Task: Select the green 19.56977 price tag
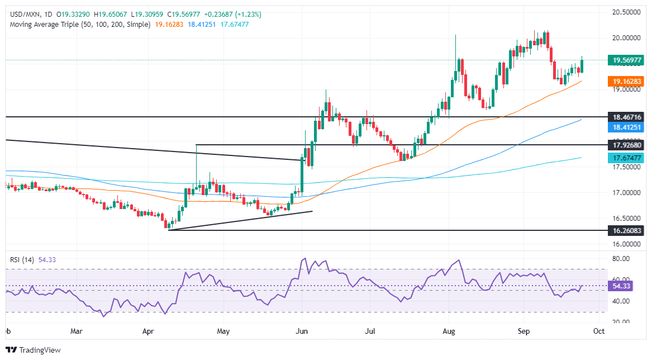[624, 60]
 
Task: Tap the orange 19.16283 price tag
[624, 81]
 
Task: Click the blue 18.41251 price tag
[624, 128]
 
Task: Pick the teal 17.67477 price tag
[624, 158]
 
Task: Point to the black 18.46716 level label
[624, 117]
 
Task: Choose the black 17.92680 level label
[624, 145]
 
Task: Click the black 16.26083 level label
[624, 230]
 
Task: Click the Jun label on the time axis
[302, 331]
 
